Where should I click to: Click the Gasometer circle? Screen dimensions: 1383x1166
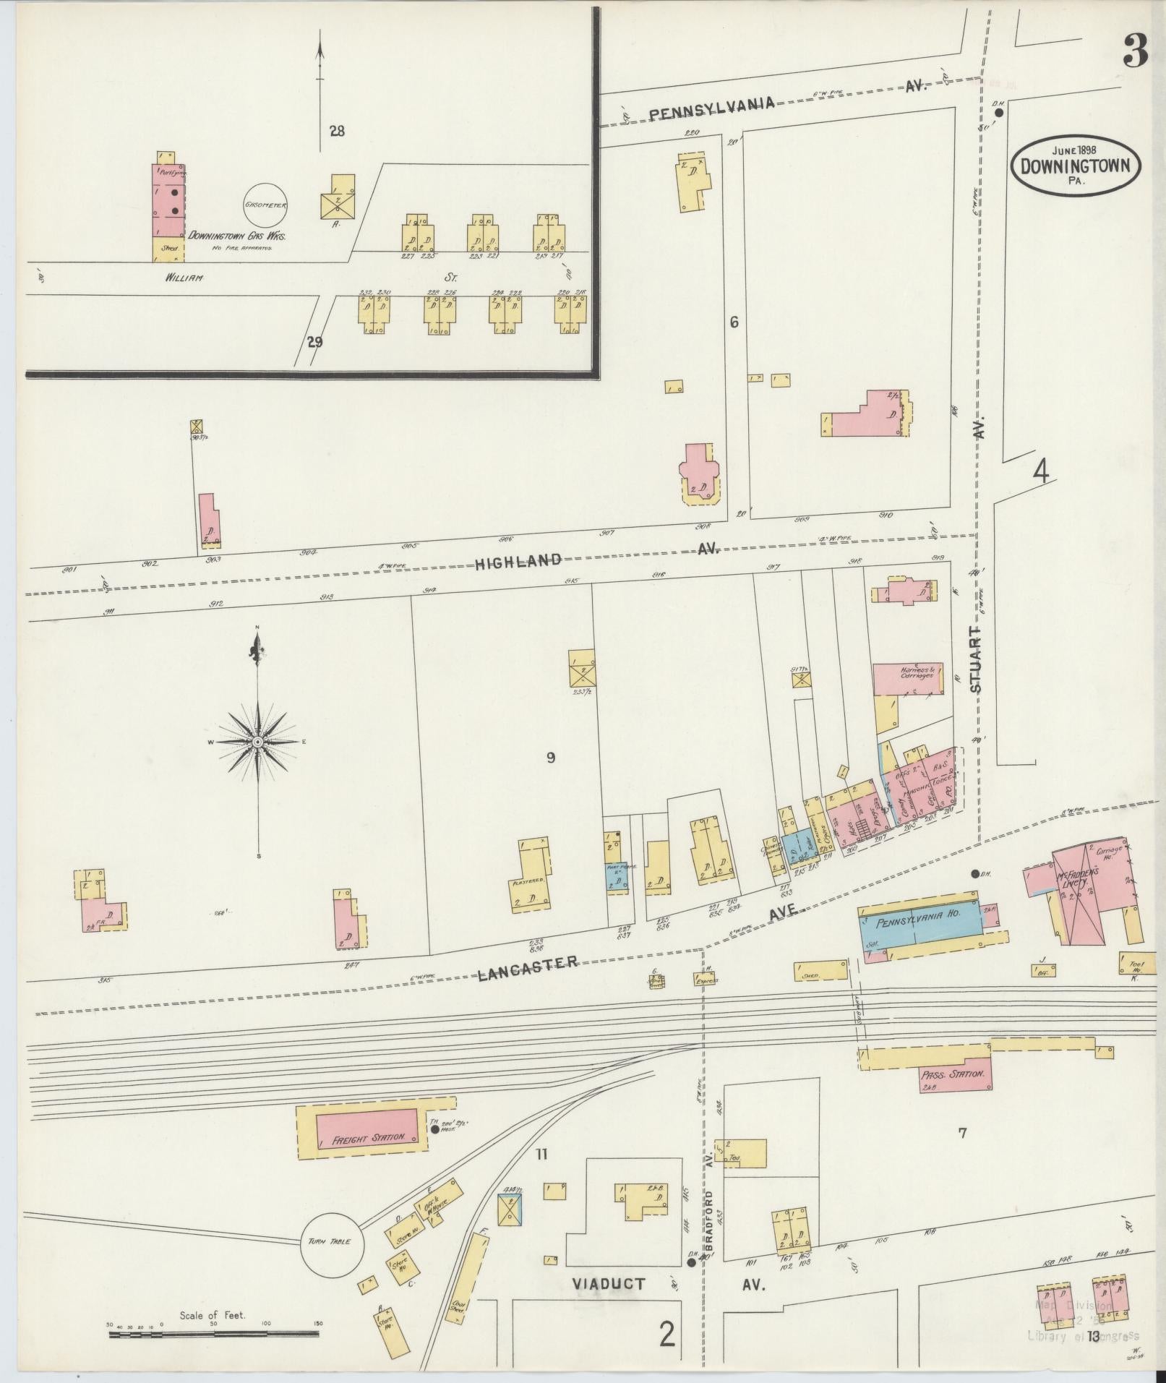[x=266, y=205]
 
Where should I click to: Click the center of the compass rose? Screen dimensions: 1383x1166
[x=258, y=742]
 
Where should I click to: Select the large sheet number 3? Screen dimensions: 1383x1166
[x=1135, y=51]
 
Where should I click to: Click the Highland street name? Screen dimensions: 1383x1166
[x=518, y=560]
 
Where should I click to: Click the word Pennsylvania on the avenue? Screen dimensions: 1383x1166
[x=711, y=107]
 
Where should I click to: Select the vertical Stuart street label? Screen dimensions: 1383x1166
[x=977, y=661]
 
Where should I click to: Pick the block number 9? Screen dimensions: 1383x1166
[x=551, y=758]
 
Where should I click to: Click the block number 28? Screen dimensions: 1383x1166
[x=337, y=131]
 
